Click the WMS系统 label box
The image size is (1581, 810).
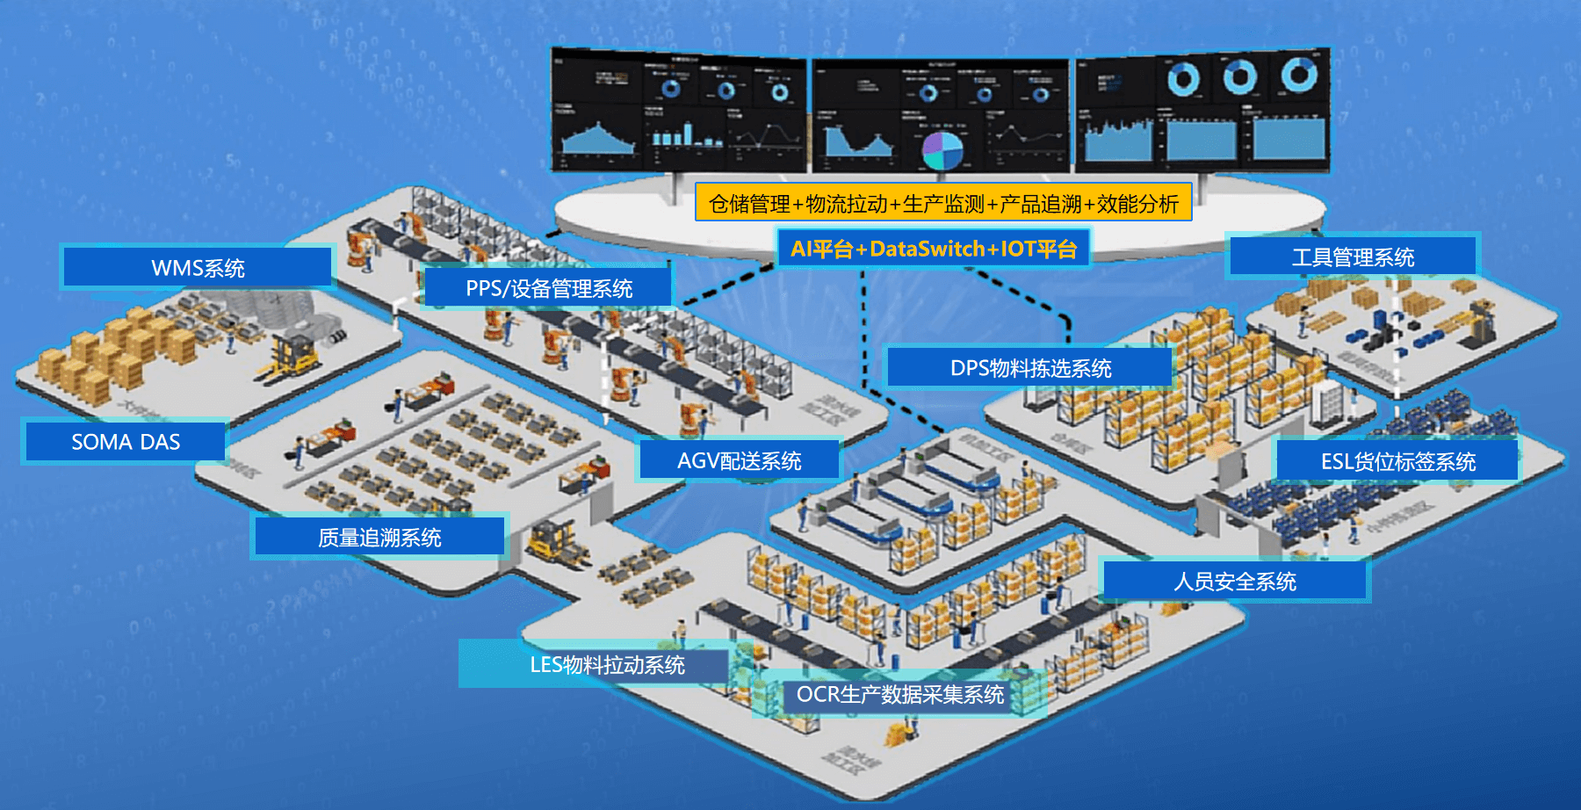click(198, 267)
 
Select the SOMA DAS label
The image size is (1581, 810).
click(126, 441)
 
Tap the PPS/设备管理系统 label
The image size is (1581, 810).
click(548, 288)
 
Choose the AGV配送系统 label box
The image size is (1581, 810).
click(739, 460)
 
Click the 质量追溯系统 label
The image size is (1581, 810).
click(379, 537)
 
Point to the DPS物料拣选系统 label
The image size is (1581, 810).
click(1030, 367)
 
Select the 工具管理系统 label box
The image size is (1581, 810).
click(1353, 257)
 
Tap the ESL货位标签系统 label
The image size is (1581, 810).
click(1397, 461)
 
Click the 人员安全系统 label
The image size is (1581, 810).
click(1235, 581)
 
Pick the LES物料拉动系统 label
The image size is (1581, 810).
click(606, 664)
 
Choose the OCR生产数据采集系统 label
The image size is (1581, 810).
click(899, 694)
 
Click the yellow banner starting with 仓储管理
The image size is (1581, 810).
click(943, 203)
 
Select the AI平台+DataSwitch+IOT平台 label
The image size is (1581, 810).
click(933, 249)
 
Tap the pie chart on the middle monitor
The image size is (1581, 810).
click(942, 150)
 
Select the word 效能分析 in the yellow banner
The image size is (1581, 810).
click(1137, 203)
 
